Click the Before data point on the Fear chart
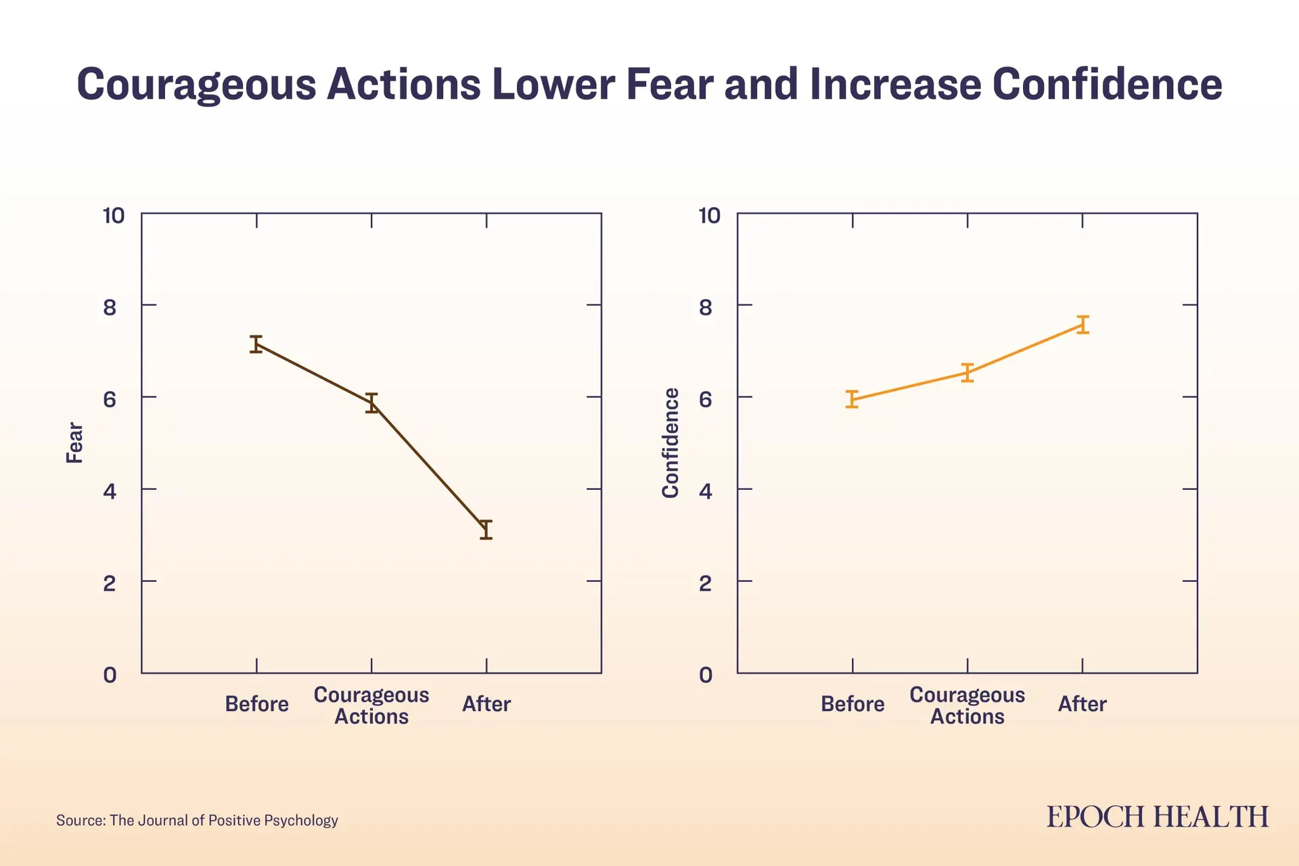coord(256,344)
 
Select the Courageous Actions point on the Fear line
coord(371,403)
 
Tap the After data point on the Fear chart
coord(486,530)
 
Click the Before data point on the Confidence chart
coord(852,399)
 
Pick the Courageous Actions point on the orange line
coord(967,373)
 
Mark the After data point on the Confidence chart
coord(1082,325)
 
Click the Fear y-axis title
coord(74,443)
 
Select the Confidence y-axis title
coord(670,443)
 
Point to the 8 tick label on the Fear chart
coord(110,308)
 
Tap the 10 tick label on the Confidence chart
coord(709,216)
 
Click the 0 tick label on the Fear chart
coord(110,675)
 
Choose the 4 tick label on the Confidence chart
coord(706,491)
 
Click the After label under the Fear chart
coord(486,704)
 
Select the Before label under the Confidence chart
coord(852,704)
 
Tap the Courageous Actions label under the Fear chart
coord(371,706)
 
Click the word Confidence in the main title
coord(1107,85)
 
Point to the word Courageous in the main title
coord(196,85)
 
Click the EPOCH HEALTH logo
coord(1158,817)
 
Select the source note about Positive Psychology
coord(197,821)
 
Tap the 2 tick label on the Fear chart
coord(110,583)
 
